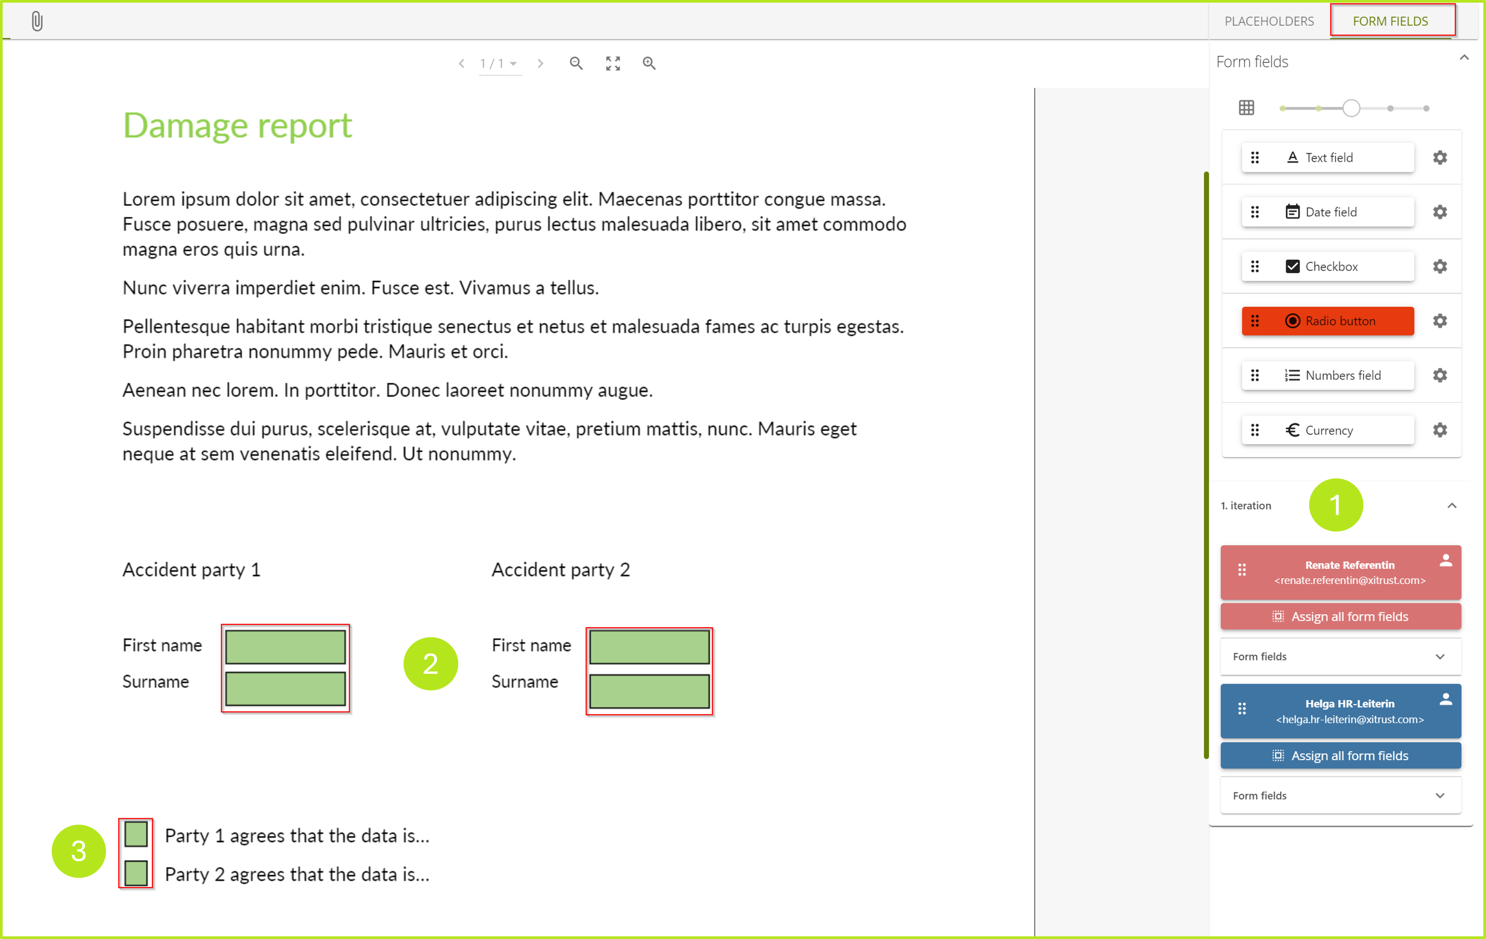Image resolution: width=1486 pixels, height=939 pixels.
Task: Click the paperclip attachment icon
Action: pos(37,22)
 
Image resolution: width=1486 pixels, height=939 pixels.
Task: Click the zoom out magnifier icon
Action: pos(576,63)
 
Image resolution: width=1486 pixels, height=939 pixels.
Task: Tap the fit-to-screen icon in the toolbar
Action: pos(613,63)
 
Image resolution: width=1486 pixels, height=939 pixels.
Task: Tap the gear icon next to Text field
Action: pos(1440,157)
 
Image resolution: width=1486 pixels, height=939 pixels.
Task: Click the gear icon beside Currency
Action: pos(1440,430)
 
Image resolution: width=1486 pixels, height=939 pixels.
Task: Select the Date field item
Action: pos(1327,212)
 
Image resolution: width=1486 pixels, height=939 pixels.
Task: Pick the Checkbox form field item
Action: pos(1327,266)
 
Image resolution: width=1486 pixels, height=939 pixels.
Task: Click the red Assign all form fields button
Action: pos(1340,616)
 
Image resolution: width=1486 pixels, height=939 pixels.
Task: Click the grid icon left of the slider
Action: pos(1246,108)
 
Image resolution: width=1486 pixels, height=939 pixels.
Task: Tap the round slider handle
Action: pos(1351,108)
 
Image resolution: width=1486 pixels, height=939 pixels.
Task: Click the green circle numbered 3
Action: pos(78,851)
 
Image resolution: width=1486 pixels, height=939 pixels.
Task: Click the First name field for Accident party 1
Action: pos(285,646)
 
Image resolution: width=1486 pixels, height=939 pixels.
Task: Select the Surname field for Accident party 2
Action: pos(649,691)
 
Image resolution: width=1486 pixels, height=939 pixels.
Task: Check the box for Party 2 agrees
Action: pos(136,873)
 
